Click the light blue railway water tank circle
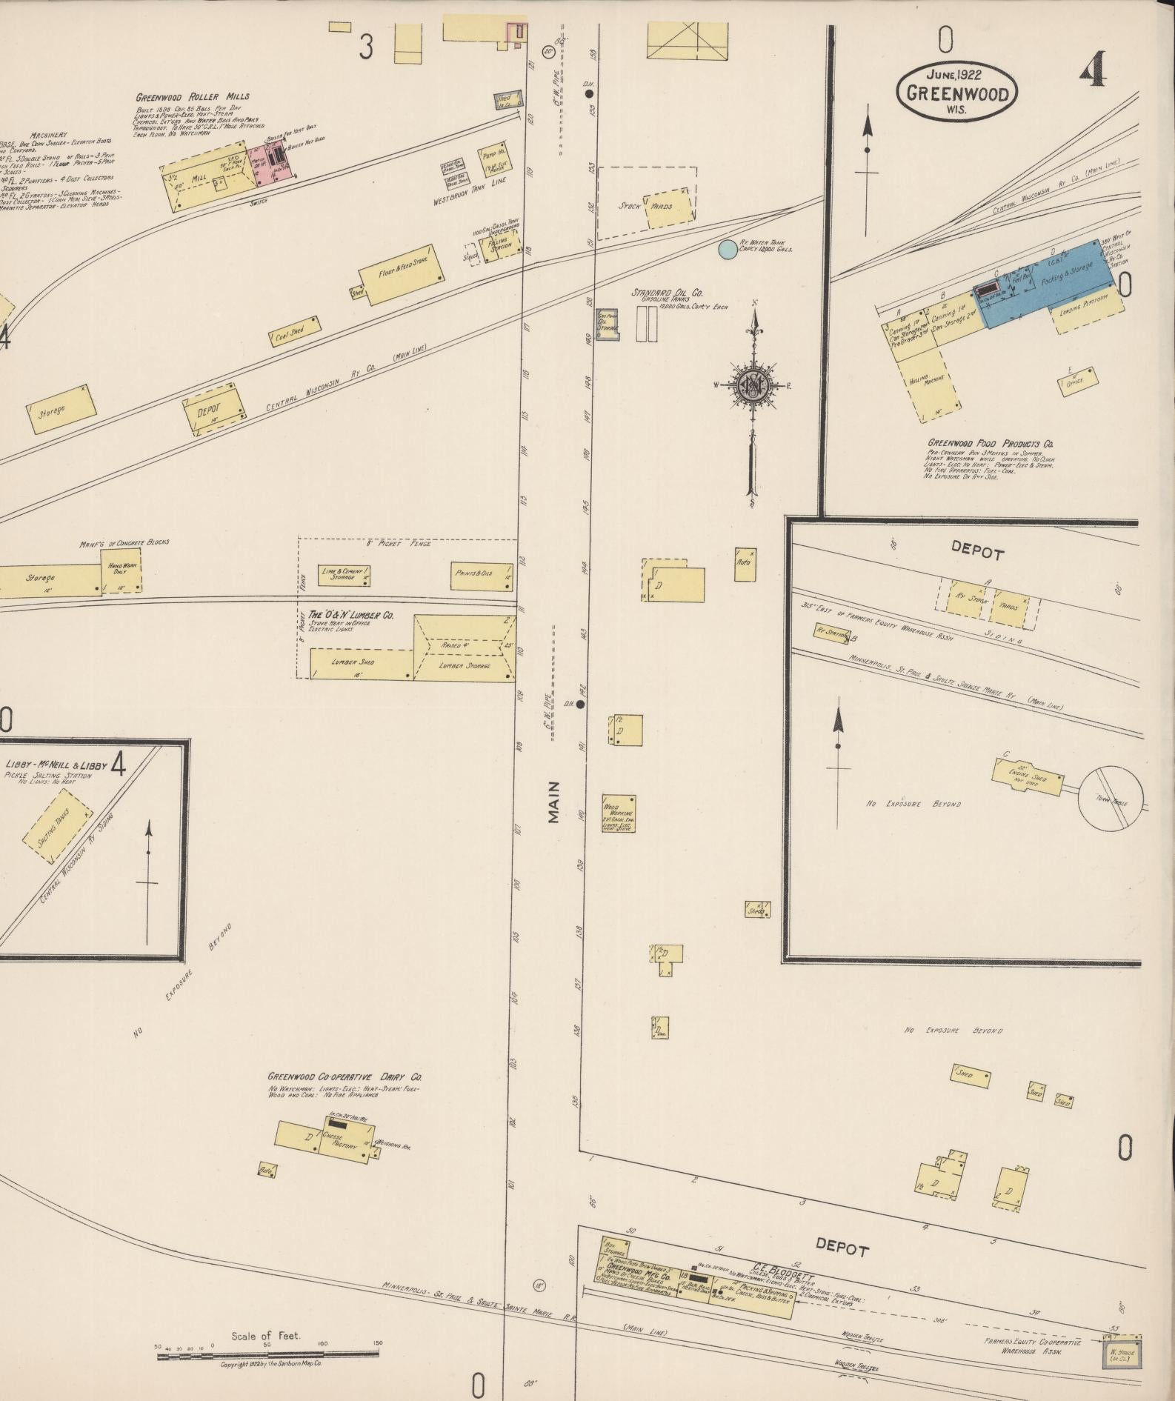coord(728,249)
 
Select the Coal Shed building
coord(294,332)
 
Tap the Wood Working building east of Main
coord(619,813)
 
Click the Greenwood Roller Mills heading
coord(193,97)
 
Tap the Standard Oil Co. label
coord(667,293)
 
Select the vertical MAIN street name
coord(553,802)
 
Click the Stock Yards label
coord(646,206)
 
